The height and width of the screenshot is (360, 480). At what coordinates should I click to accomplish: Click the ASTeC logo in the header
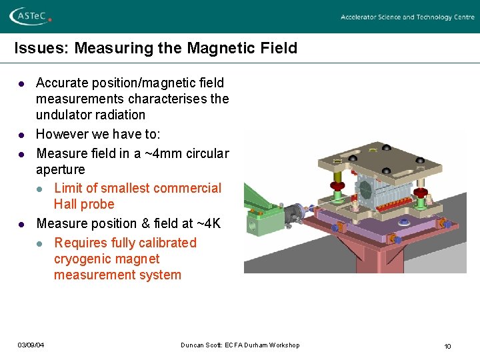click(29, 17)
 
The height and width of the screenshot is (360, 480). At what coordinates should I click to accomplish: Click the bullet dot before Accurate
click(21, 84)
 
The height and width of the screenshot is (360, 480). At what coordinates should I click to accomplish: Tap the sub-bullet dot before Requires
click(41, 244)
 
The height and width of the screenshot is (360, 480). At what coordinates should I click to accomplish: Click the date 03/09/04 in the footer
click(31, 345)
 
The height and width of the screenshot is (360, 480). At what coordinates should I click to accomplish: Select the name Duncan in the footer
click(192, 345)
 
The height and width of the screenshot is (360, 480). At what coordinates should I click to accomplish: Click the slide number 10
click(447, 345)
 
